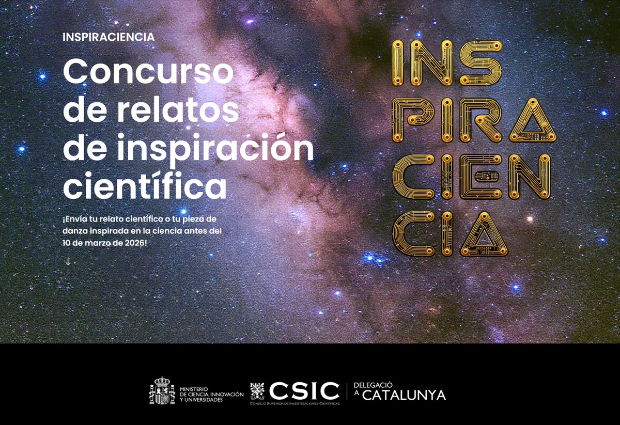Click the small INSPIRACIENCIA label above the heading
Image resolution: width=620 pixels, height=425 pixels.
(108, 37)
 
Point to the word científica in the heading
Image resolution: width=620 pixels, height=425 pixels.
(145, 187)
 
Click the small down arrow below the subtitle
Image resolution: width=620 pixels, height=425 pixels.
(68, 261)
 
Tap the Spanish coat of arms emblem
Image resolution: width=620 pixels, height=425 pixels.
(162, 391)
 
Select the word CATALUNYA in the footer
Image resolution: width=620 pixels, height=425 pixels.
(404, 396)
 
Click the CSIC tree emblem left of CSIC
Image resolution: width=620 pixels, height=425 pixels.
(257, 391)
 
